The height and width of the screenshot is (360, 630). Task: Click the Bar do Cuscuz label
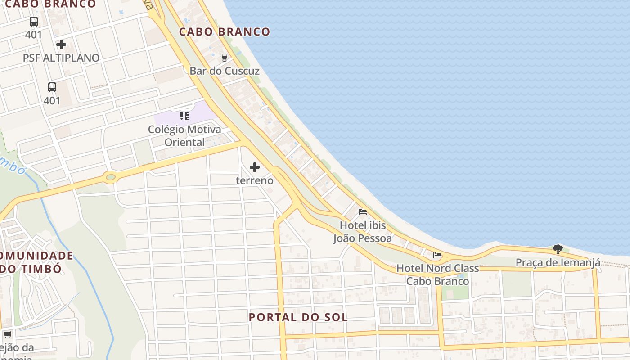point(225,71)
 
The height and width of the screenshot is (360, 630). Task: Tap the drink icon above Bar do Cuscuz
point(224,57)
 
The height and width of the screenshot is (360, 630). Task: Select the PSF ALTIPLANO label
point(61,58)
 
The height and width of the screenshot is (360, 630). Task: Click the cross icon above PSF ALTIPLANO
point(61,45)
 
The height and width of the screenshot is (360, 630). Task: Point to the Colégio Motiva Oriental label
point(184,136)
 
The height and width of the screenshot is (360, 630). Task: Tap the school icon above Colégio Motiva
point(184,116)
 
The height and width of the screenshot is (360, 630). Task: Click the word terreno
point(255,180)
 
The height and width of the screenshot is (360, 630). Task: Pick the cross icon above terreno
point(255,167)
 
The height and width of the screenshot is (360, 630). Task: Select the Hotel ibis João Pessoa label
point(362,231)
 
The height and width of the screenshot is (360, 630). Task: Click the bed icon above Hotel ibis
point(363,212)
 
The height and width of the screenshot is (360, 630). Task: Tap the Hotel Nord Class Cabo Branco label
point(437,274)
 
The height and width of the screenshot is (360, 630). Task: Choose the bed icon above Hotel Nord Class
point(437,255)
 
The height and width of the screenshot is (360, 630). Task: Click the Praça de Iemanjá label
point(558,263)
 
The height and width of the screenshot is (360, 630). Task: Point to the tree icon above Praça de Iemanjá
point(558,249)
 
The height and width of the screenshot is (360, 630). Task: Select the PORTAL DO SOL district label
point(298,317)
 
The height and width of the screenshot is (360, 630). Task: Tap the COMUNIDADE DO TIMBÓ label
point(36,262)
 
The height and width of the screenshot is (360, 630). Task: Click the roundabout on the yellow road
point(110,177)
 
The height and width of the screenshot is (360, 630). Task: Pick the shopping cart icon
point(7,334)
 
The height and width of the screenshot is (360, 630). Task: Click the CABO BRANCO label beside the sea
point(225,32)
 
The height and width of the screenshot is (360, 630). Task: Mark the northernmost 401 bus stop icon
point(34,21)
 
